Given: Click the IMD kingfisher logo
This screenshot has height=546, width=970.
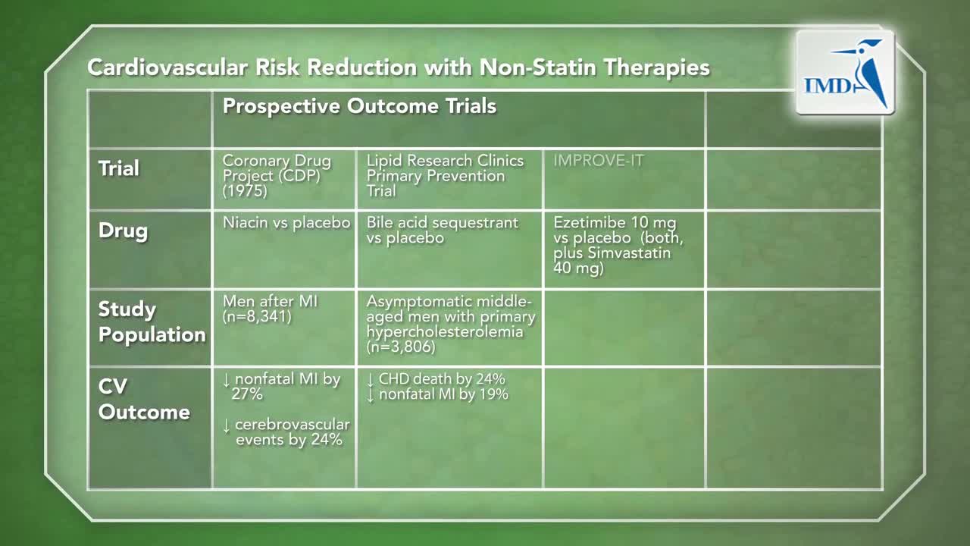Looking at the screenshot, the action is coord(845,72).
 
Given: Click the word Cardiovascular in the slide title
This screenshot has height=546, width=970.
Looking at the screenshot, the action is coord(167,67).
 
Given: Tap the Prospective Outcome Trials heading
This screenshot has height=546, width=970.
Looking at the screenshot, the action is coord(359,106).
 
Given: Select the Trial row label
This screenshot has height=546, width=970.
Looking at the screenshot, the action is coord(119,168).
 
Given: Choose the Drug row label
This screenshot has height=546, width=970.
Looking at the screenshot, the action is coord(123,231).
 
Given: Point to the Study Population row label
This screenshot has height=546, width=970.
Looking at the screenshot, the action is coord(152,322).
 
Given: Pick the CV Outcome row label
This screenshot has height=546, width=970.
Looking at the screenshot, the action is coord(144,399).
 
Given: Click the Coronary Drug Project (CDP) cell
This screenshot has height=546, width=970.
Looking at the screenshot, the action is coord(277,175).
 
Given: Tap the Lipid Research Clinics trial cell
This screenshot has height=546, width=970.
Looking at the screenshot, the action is coord(445,175).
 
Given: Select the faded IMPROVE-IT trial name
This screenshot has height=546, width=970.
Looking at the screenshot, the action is coord(599,161).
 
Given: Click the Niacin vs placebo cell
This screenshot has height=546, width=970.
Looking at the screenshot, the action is coord(286,223).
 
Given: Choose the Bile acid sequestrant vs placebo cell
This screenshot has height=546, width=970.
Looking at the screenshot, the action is coord(442,230).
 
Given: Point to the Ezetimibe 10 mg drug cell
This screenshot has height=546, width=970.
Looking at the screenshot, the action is coord(618,245).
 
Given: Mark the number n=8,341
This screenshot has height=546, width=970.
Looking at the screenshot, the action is coord(257,317).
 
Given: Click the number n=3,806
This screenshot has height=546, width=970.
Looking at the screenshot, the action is coord(401,347).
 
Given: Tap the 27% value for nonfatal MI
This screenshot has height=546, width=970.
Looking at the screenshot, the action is coord(247,394).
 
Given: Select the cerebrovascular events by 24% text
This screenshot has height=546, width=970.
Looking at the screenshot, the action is coord(286,432).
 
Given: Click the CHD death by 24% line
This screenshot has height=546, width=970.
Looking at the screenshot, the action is coord(436,379).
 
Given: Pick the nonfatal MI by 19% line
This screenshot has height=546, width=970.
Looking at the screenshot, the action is coord(437,395).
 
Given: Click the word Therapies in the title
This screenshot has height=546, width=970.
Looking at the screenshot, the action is coord(657,67).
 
